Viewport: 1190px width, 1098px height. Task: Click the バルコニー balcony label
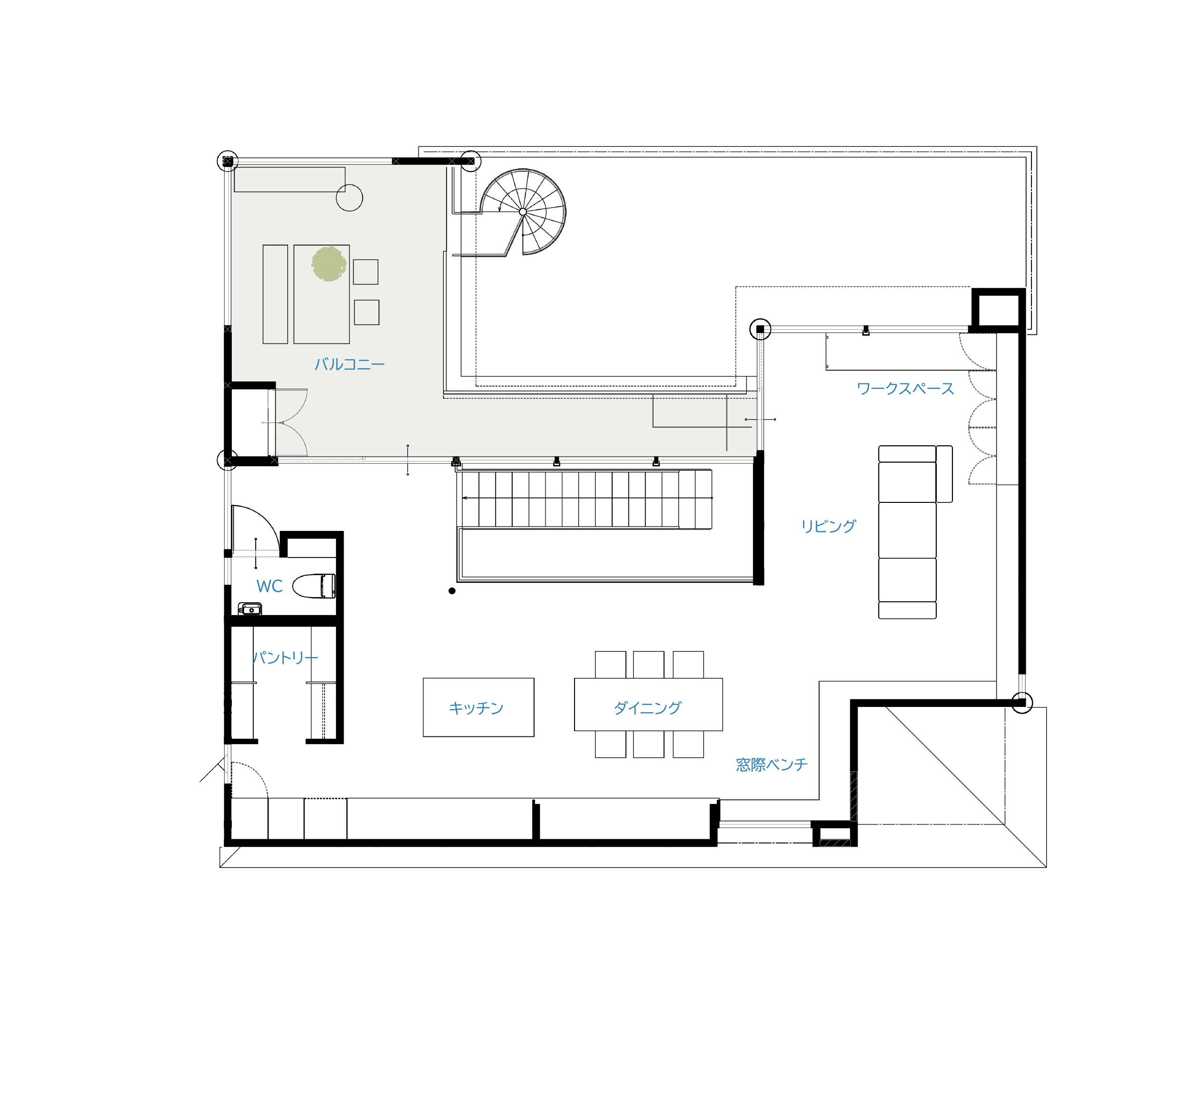[349, 364]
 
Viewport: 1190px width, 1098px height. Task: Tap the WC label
[269, 587]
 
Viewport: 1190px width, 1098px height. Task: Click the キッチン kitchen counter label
[476, 707]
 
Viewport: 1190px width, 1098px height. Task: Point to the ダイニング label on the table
[647, 707]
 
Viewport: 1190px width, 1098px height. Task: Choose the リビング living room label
[829, 526]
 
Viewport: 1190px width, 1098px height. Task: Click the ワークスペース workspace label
[905, 389]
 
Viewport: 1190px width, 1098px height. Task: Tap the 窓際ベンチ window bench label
[772, 764]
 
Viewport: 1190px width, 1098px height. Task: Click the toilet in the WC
[314, 586]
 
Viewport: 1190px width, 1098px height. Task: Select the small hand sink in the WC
[249, 609]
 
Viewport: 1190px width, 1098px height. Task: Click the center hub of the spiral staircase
[523, 212]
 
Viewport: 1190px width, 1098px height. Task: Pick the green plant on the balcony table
[329, 265]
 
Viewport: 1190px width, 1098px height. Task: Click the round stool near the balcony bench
[349, 198]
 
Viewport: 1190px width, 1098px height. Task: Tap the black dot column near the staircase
[452, 590]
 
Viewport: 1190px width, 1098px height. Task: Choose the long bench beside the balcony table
[275, 294]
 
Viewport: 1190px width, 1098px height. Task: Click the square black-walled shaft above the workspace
[999, 308]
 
